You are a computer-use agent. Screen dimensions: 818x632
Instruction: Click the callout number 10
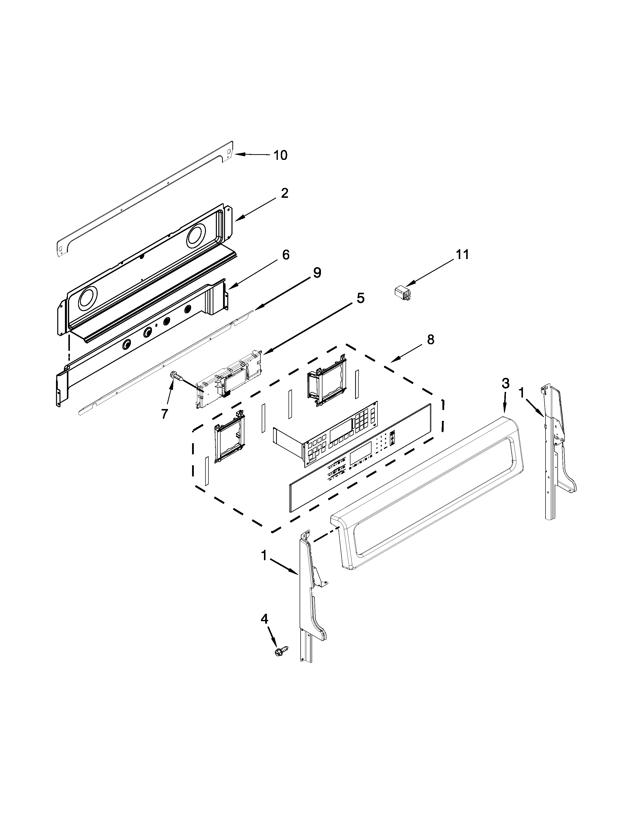click(280, 155)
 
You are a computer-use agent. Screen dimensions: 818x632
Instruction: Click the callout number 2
click(285, 193)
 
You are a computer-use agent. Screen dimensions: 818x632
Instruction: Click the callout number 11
click(462, 254)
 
